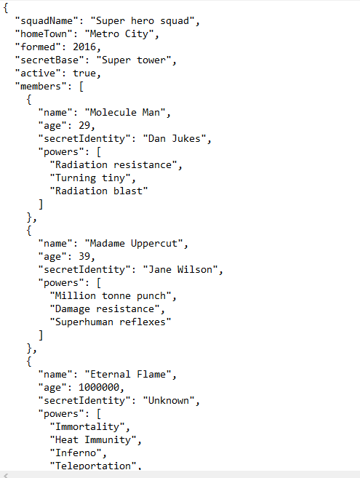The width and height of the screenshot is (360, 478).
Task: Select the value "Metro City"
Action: (119, 34)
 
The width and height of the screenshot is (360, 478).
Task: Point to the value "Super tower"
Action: (134, 60)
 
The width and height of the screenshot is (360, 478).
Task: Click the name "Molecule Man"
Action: (125, 113)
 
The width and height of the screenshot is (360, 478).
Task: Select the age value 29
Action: (84, 126)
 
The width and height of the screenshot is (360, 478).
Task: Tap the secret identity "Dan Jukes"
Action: (175, 139)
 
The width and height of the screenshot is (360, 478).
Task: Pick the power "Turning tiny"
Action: (90, 178)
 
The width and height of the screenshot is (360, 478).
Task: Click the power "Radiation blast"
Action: (99, 191)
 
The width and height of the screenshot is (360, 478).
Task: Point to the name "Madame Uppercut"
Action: (134, 244)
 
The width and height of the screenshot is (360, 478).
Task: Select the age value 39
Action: (84, 257)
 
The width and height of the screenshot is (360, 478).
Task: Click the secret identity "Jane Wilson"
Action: (180, 270)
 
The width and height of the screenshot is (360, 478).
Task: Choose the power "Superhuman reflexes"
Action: (111, 322)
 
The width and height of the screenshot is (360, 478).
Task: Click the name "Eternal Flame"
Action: (128, 375)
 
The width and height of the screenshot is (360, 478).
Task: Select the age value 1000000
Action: (99, 388)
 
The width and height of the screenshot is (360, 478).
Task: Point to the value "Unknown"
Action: (169, 401)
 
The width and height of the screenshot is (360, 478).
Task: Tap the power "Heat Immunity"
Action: (93, 440)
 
